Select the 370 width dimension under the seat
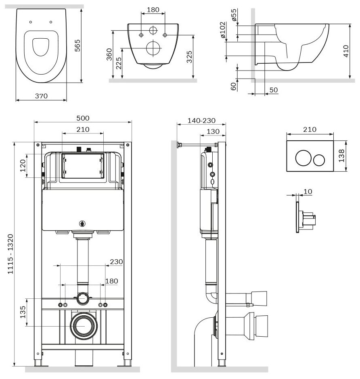[41, 96]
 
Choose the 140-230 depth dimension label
[201, 121]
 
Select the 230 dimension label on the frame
[116, 262]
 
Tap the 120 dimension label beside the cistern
[23, 166]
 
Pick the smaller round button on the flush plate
[319, 160]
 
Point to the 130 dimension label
[213, 131]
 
